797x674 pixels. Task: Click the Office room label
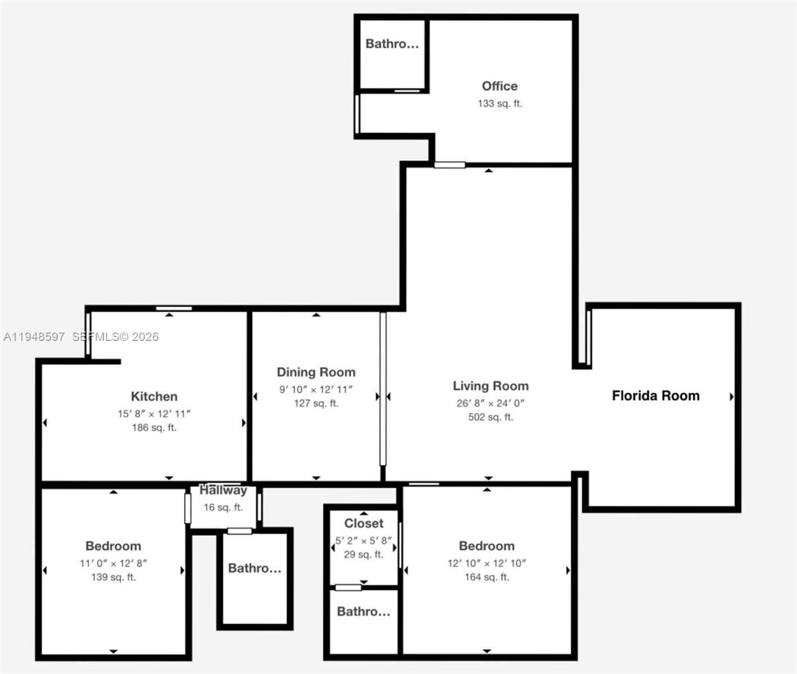[499, 86]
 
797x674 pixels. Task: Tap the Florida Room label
[655, 396]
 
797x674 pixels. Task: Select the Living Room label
[490, 386]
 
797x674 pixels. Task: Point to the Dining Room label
[316, 372]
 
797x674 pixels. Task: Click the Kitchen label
[154, 397]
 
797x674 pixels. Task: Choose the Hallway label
[223, 490]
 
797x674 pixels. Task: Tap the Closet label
[363, 523]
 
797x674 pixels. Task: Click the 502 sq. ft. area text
[490, 417]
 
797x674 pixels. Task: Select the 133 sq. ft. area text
[499, 103]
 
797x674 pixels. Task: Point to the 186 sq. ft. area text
[154, 427]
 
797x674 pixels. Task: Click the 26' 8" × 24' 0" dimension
[490, 403]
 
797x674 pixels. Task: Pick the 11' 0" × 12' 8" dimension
[113, 563]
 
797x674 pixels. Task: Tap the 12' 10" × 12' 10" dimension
[486, 563]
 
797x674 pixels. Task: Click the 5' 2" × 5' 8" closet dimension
[363, 541]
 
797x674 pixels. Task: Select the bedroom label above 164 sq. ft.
[486, 546]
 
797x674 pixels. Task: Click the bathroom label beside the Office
[392, 44]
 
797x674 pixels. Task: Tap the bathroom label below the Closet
[363, 612]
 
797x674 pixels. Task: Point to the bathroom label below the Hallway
[254, 568]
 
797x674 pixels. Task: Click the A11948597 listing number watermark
[34, 337]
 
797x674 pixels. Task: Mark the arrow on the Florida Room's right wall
[731, 397]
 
